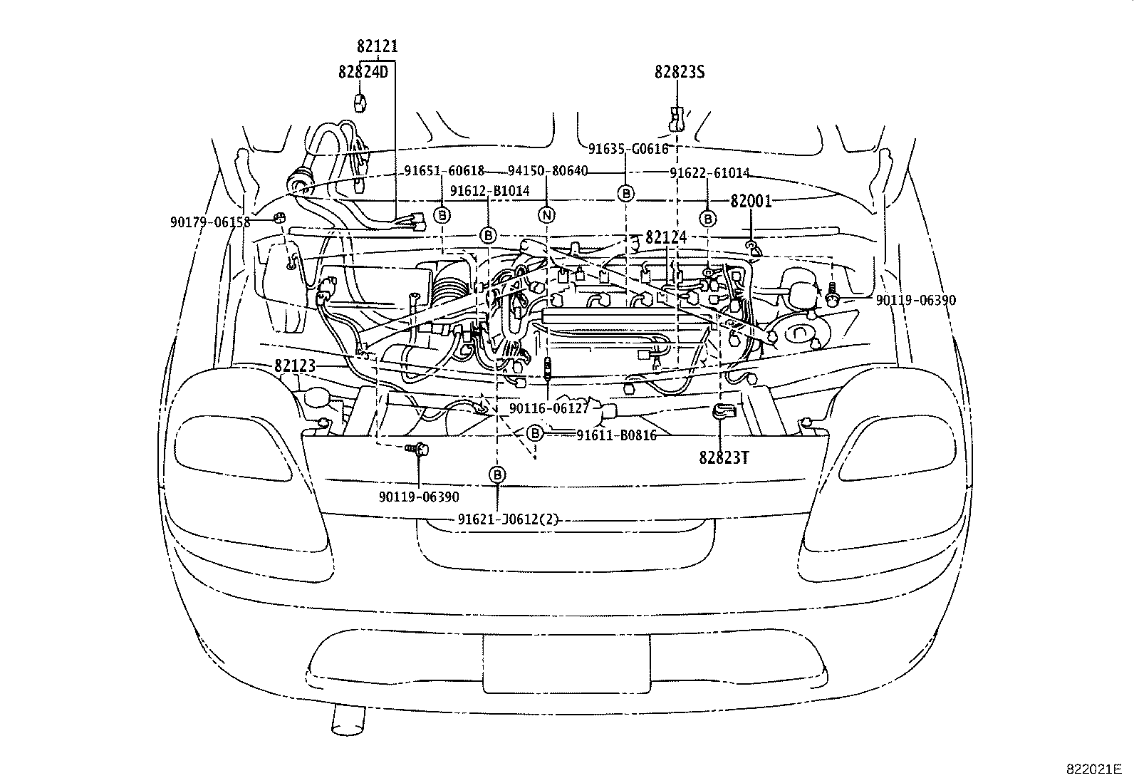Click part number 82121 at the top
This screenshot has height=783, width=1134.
coord(377,46)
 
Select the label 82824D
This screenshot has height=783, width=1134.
coord(363,72)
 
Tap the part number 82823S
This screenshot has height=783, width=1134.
coord(680,72)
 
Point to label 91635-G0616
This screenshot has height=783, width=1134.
coord(628,148)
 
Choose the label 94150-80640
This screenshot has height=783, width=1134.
coord(548,171)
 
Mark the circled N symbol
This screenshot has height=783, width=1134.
coord(546,214)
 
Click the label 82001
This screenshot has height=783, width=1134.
coord(751,202)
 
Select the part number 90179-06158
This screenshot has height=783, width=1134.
coord(210,222)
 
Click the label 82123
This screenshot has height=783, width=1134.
coord(294,365)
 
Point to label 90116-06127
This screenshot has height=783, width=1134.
coord(549,408)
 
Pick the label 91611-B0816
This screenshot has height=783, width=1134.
coord(616,435)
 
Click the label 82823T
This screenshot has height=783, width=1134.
coord(724,458)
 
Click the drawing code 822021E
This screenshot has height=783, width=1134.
coord(1093,769)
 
